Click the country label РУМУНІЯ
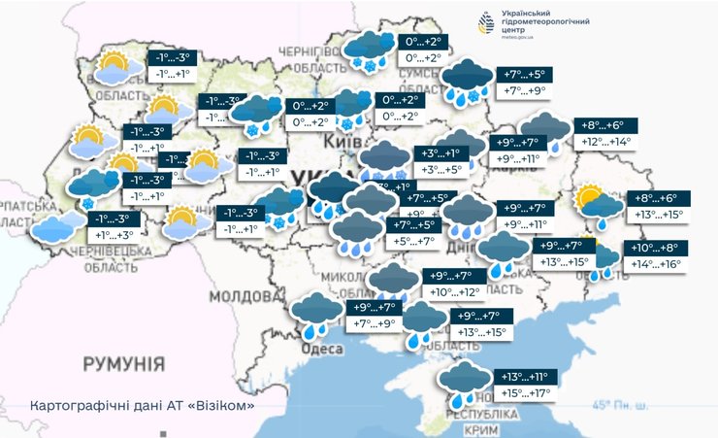click(123, 365)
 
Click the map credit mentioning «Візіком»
click(142, 404)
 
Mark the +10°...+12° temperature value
click(456, 292)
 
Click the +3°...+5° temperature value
click(441, 169)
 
